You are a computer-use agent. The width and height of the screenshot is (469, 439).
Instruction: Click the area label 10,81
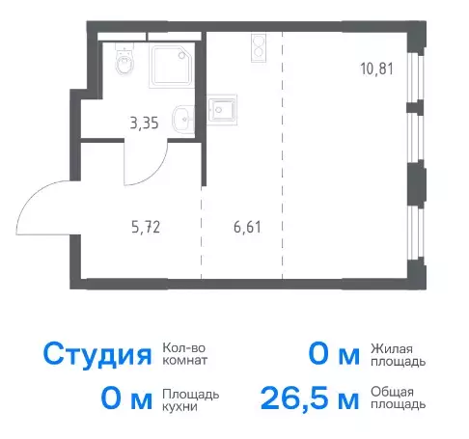coord(376,69)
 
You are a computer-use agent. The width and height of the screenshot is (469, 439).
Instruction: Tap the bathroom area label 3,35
coord(144,123)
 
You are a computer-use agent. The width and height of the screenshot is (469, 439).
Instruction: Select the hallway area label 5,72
coord(146,227)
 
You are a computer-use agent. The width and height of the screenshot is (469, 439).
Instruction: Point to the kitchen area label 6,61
coord(247,227)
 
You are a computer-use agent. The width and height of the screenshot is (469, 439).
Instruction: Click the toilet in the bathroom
coord(124,60)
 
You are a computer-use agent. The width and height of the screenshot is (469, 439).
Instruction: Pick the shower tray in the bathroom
coord(172,67)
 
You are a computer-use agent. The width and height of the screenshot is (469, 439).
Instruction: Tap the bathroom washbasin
coord(183,120)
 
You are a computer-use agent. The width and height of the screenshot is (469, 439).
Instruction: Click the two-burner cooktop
coord(259,48)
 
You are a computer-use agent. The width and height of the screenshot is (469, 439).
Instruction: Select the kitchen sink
coord(222,110)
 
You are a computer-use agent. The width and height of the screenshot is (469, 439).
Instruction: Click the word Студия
coord(97,355)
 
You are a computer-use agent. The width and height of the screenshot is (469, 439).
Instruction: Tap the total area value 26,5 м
coord(310,398)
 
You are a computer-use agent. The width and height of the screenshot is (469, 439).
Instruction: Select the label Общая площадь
coord(398,398)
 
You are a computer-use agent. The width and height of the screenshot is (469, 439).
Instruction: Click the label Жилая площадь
coord(398,355)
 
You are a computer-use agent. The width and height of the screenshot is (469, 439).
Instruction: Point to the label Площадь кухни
coord(191,400)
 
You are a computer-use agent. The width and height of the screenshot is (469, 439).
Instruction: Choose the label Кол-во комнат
coord(184,354)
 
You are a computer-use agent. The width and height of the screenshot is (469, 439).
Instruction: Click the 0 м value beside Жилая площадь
coord(334,355)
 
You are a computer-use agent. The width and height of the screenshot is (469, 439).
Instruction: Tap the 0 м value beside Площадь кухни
coord(126,398)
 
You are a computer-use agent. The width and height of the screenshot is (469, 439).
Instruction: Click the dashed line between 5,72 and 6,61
coord(202,233)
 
